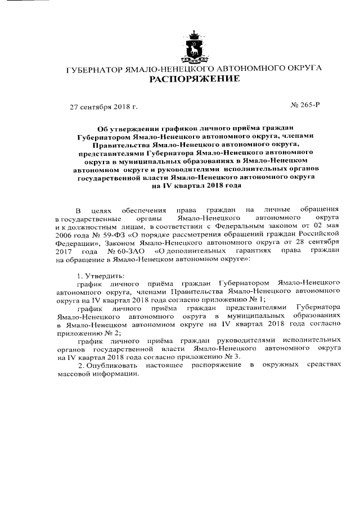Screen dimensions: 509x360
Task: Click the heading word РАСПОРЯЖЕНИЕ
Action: point(194,80)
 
